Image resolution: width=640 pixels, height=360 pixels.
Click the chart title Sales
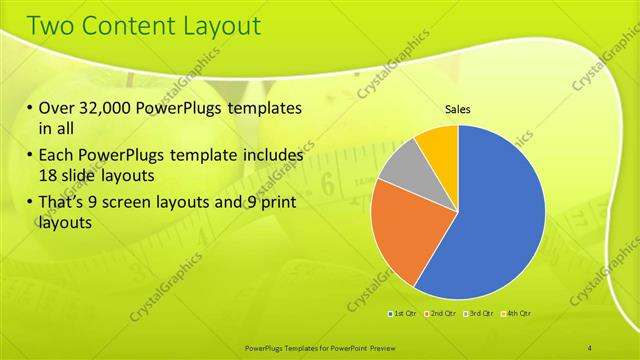(458, 109)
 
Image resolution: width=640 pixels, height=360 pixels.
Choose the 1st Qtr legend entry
(404, 314)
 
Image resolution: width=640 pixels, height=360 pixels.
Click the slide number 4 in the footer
(590, 346)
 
